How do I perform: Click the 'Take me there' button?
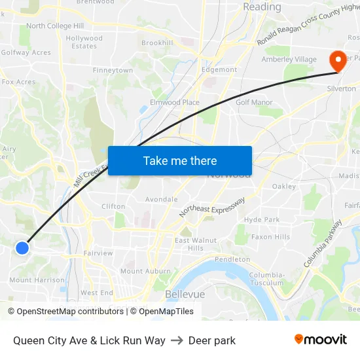[x=180, y=160]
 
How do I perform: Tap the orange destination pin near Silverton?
[x=338, y=62]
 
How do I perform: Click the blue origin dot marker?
[x=22, y=247]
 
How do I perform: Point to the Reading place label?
[x=262, y=7]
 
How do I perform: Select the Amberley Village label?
[x=289, y=60]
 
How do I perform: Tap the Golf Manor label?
[x=254, y=102]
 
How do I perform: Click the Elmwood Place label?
[x=175, y=102]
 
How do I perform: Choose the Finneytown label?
[x=113, y=70]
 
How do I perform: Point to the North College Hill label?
[x=55, y=26]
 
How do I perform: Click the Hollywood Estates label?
[x=84, y=43]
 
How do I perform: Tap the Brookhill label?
[x=157, y=43]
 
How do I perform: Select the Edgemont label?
[x=219, y=69]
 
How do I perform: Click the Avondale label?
[x=161, y=199]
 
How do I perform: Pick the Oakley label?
[x=284, y=187]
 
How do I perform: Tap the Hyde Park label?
[x=262, y=220]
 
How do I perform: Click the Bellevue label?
[x=185, y=294]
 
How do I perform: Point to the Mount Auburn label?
[x=145, y=271]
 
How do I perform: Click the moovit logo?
[x=321, y=339]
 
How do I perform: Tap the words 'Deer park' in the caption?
[x=212, y=340]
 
